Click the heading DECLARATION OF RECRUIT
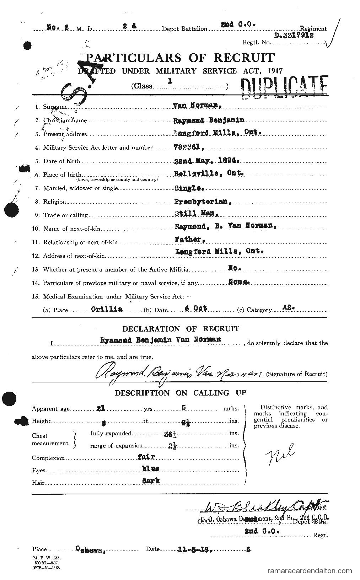click(x=181, y=329)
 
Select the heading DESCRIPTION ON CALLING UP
click(x=180, y=393)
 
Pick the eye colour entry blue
click(x=150, y=468)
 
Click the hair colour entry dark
click(x=151, y=481)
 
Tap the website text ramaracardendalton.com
click(x=309, y=571)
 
